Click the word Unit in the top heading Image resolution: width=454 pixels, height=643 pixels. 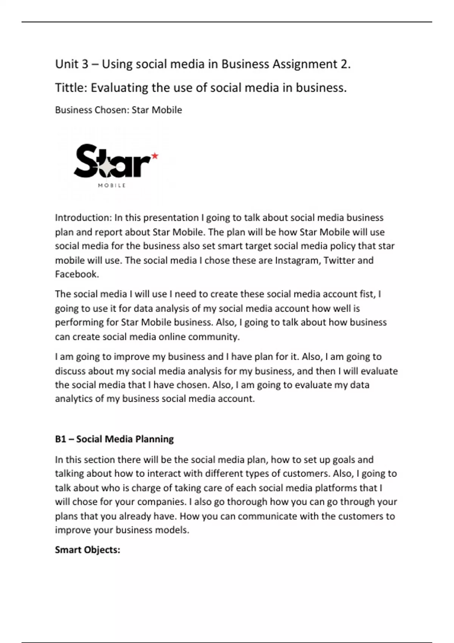click(67, 64)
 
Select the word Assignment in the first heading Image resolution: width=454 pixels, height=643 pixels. click(302, 64)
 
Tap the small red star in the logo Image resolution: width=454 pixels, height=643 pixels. click(154, 155)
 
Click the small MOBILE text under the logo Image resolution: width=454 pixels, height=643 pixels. click(112, 185)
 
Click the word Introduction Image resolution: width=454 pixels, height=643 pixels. click(83, 217)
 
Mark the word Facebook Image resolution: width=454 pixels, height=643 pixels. click(77, 274)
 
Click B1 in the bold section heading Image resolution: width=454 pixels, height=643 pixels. click(61, 439)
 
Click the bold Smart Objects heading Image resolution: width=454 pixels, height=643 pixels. click(87, 550)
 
